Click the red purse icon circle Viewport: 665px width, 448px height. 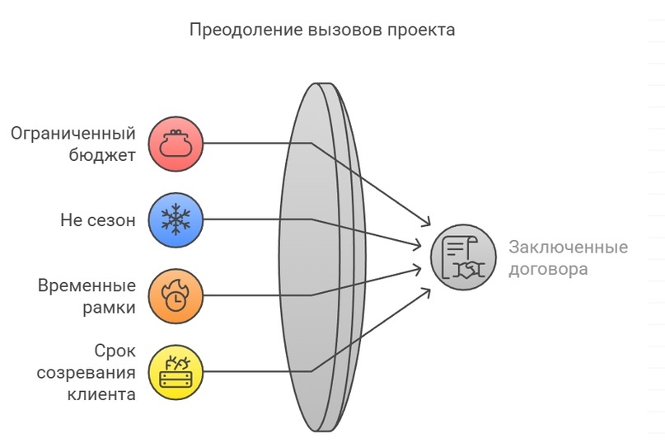[176, 144]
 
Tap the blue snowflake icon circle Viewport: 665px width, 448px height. [176, 219]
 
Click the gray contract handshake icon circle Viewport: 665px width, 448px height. [463, 257]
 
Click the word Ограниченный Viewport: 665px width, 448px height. [73, 134]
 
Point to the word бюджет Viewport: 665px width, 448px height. [105, 154]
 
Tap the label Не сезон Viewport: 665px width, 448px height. [97, 220]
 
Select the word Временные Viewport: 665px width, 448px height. [87, 285]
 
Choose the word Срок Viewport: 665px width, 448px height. [115, 351]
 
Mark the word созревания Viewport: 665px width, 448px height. [87, 372]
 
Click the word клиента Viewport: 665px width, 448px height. [101, 394]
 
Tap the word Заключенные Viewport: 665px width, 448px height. [568, 248]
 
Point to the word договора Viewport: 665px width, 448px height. [548, 269]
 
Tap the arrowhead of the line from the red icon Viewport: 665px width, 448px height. [428, 222]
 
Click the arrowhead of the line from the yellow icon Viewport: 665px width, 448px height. [428, 290]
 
